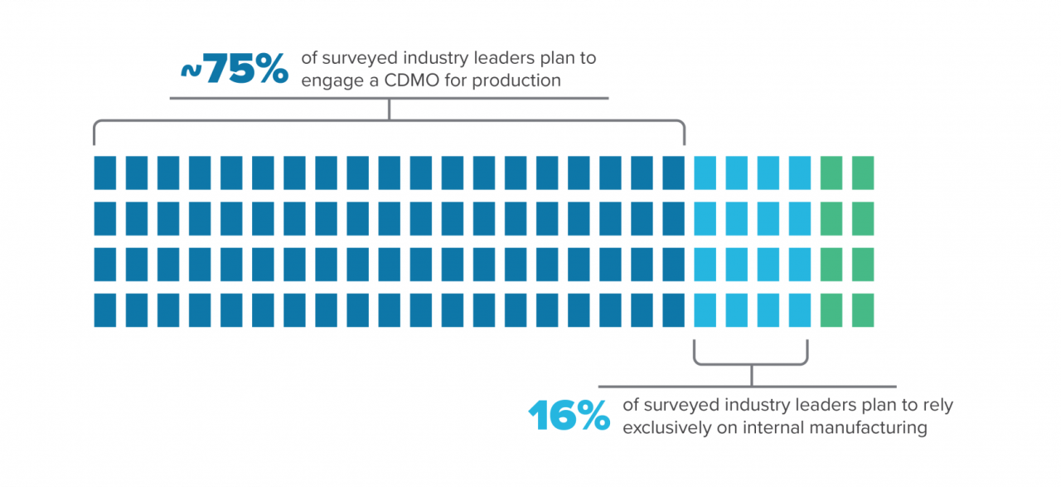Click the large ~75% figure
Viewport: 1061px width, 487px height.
click(x=235, y=69)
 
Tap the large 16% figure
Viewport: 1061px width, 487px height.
click(x=569, y=416)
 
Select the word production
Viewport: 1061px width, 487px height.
click(x=516, y=80)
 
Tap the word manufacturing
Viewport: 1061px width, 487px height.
click(x=848, y=428)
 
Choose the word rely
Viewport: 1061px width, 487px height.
click(x=937, y=406)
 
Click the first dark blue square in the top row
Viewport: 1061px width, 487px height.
click(x=104, y=173)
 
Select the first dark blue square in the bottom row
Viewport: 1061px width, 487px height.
click(x=104, y=310)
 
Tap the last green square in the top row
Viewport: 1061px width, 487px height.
click(x=863, y=173)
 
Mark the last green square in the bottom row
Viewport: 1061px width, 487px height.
click(x=863, y=310)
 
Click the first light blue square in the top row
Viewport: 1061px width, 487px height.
click(x=705, y=173)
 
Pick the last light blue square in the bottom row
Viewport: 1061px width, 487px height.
click(x=800, y=310)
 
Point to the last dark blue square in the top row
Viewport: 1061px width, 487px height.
click(x=673, y=173)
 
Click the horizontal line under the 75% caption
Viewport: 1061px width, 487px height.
click(x=389, y=99)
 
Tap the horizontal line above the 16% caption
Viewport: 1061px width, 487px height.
click(x=747, y=387)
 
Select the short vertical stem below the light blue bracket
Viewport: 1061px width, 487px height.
click(x=751, y=376)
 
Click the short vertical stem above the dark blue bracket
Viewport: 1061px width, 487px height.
click(x=389, y=110)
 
